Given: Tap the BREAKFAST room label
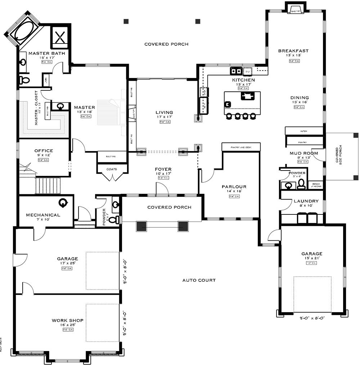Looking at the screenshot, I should (x=293, y=51).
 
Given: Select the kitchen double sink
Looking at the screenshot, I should (x=236, y=70).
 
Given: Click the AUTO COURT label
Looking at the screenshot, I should (x=199, y=280).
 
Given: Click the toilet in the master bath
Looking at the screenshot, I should (x=24, y=80).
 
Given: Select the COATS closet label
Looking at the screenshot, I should (x=111, y=168).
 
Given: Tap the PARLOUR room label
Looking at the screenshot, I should (x=234, y=186).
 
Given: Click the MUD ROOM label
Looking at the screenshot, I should (x=304, y=153).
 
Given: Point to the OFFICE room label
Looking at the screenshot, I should (x=44, y=151).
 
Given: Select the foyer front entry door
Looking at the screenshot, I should (x=162, y=189).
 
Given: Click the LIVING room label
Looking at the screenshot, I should (x=164, y=112).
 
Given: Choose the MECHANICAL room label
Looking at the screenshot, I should (x=43, y=215).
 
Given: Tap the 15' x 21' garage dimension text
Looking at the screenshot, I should (x=312, y=258).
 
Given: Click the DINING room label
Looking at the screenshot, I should (x=300, y=97).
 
